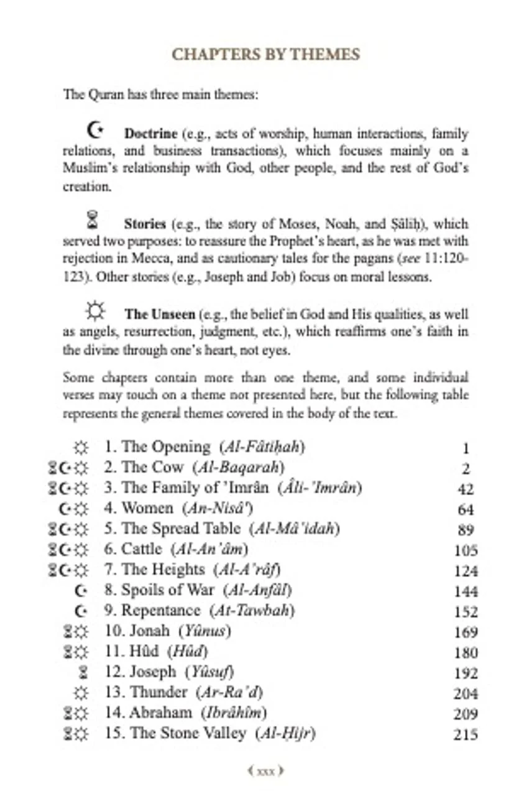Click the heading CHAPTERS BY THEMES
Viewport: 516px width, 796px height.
(265, 54)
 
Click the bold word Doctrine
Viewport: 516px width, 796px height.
(150, 134)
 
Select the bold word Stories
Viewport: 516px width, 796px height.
(144, 224)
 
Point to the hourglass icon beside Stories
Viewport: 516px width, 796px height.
(93, 220)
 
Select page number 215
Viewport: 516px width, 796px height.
(465, 735)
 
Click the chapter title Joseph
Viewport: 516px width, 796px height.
(153, 672)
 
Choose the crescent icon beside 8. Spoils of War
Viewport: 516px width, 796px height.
(80, 591)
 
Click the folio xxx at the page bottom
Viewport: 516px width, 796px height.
(265, 772)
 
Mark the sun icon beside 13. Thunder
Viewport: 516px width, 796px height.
(81, 693)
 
